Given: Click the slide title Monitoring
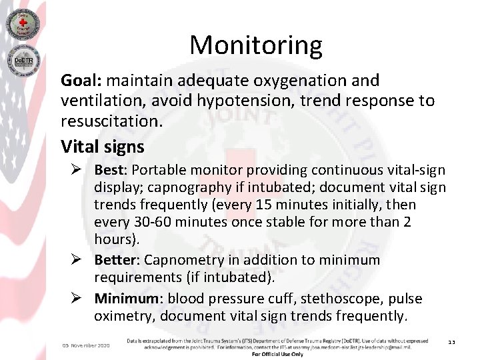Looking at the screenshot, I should click(255, 45).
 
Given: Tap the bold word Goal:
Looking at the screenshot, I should click(81, 81).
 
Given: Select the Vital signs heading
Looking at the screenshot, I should click(102, 145).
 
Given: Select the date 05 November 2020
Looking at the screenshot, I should click(86, 345).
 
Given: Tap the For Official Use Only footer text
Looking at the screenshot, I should click(277, 354).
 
